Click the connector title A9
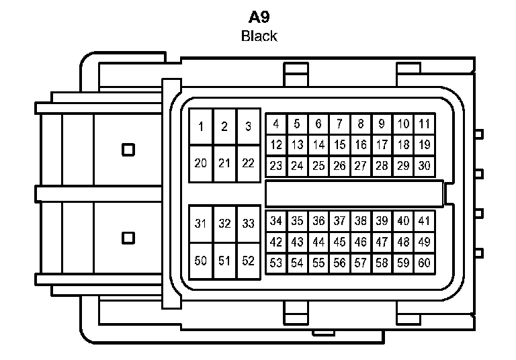[259, 17]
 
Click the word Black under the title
[259, 36]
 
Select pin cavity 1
[201, 126]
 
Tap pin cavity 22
[248, 163]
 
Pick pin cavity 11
[424, 124]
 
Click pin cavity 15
[339, 144]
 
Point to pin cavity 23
[275, 166]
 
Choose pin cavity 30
[424, 166]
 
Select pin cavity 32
[224, 224]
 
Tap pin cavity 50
[201, 261]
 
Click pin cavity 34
[275, 220]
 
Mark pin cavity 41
[424, 220]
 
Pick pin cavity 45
[339, 242]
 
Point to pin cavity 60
[424, 263]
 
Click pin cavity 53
[275, 263]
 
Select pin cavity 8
[361, 124]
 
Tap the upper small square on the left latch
[127, 149]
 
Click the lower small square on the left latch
[127, 237]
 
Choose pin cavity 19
[424, 144]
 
